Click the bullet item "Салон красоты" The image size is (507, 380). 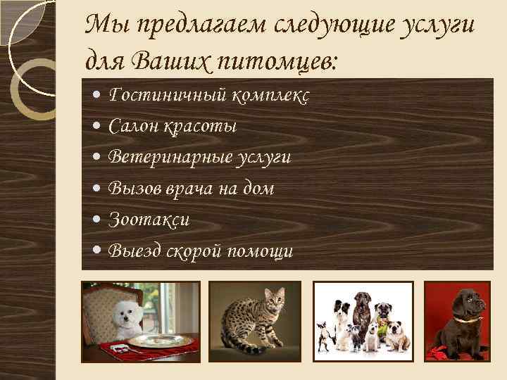[173, 127]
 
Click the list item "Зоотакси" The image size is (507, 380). [149, 220]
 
